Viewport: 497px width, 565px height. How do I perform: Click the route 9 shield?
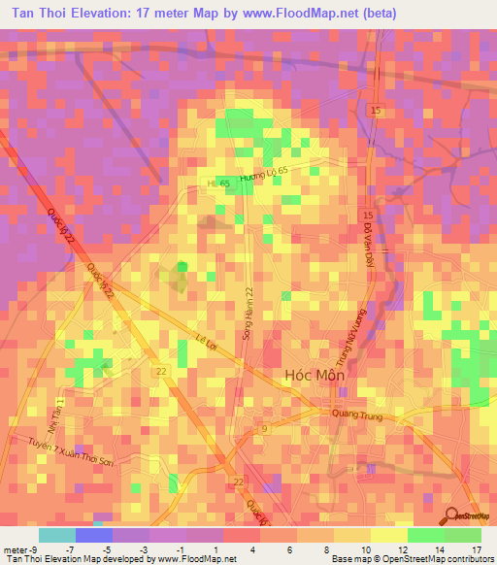[x=262, y=427]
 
